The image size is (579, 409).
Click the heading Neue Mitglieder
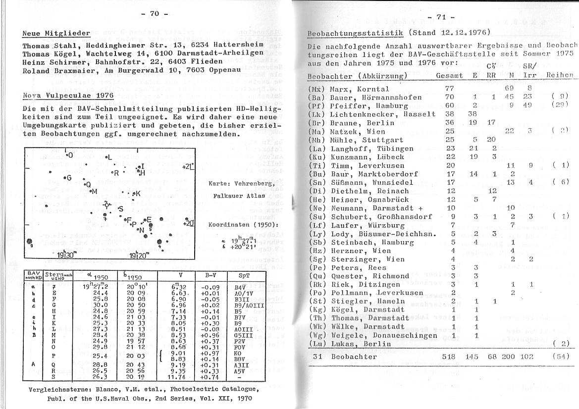(56, 34)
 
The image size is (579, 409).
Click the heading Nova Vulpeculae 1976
(68, 96)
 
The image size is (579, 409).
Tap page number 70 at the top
(155, 14)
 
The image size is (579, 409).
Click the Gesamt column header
(449, 76)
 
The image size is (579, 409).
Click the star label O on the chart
(70, 155)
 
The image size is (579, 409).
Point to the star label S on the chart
(120, 209)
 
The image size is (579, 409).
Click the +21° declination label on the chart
(188, 167)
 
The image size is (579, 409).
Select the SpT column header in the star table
(244, 275)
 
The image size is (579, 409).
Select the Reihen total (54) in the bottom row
(561, 357)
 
